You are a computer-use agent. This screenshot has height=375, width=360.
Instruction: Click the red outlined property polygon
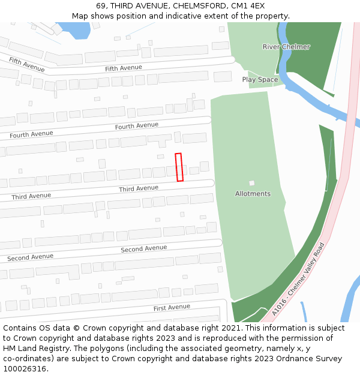(x=179, y=167)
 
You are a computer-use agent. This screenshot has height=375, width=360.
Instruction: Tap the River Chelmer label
(x=286, y=47)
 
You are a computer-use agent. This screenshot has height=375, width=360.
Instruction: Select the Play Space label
(x=260, y=79)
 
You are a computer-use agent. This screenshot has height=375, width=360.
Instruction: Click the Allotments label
(x=253, y=194)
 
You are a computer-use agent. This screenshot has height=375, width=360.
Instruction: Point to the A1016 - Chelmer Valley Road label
(x=298, y=279)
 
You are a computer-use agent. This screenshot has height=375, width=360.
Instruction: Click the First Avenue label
(x=172, y=308)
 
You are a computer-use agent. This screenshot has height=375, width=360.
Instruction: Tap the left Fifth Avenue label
(x=26, y=64)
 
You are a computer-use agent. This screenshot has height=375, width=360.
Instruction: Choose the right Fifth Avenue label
(x=124, y=68)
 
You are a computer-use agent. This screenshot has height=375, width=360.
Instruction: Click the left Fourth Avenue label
(x=31, y=134)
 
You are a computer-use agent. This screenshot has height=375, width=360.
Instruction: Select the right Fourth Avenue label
(x=137, y=126)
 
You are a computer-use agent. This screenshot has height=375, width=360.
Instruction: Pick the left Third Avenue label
(x=31, y=196)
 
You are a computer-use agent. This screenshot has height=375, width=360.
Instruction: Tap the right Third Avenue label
(x=139, y=188)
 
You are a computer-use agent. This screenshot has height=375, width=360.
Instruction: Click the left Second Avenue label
(x=30, y=257)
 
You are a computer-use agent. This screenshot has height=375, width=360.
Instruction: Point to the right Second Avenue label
(x=144, y=248)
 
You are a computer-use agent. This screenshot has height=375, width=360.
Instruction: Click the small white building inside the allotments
(x=252, y=183)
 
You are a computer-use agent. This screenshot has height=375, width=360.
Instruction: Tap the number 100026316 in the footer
(x=25, y=369)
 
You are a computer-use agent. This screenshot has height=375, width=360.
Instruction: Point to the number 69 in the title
(x=100, y=6)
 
